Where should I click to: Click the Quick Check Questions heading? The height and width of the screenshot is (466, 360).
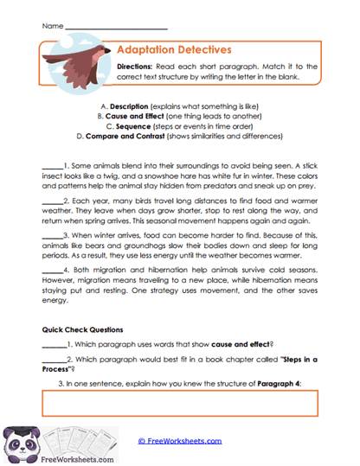82,329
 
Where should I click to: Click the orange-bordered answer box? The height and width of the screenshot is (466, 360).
180,404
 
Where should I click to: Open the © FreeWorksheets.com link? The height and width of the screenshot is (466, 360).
180,441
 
